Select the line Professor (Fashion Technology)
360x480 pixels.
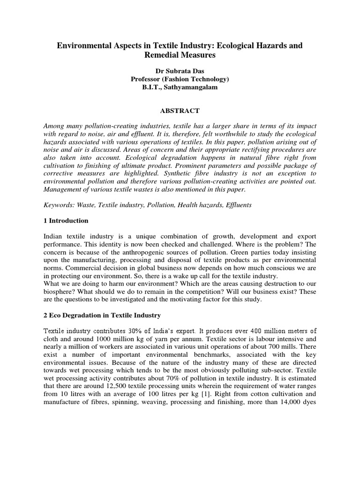click(x=180, y=79)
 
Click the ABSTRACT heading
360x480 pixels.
click(x=180, y=111)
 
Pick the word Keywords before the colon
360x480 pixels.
click(x=59, y=205)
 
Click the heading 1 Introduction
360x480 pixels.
click(x=66, y=221)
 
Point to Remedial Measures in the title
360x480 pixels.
click(x=180, y=55)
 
